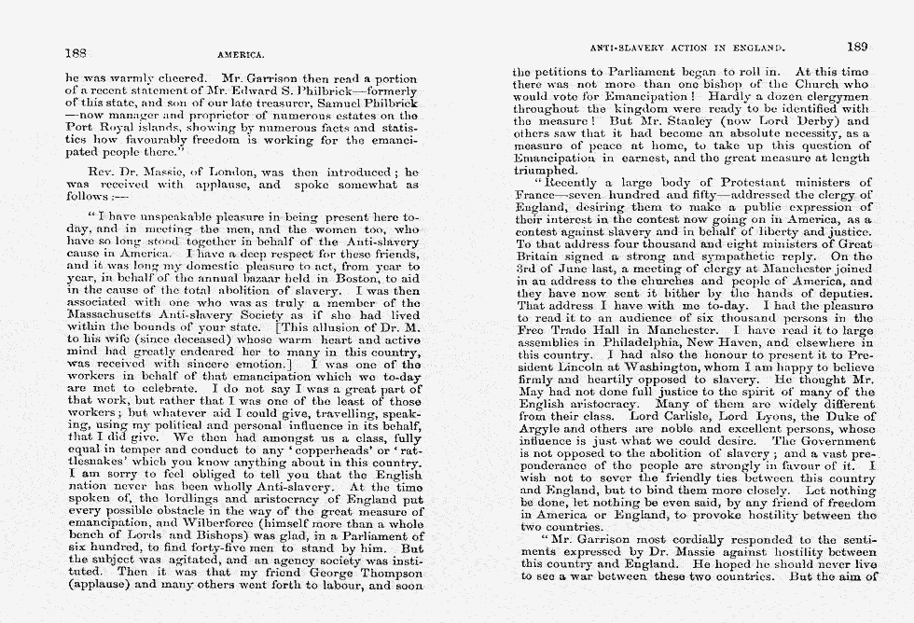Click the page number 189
coord(857,45)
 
